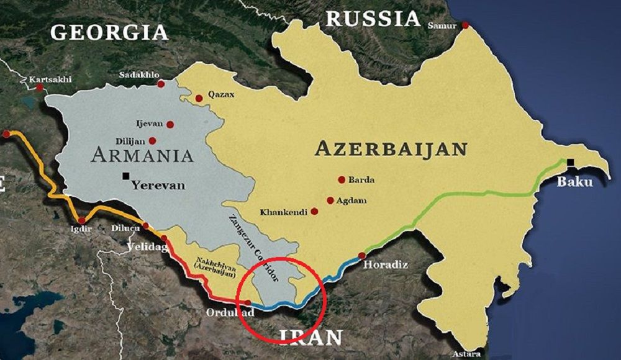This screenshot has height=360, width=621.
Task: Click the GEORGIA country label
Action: (x=109, y=32)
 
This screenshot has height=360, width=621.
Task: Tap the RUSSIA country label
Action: (x=373, y=19)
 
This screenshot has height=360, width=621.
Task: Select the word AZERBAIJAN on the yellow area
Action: (x=391, y=149)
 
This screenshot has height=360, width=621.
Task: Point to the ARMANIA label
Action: (x=142, y=155)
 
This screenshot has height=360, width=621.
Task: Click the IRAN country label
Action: (x=310, y=337)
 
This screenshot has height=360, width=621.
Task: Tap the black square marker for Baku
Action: (x=570, y=163)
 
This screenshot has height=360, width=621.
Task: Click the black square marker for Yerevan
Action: (x=126, y=176)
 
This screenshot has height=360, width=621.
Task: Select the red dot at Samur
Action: (x=465, y=25)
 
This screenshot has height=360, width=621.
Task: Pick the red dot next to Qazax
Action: (x=199, y=98)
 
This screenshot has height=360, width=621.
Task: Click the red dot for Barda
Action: (x=341, y=179)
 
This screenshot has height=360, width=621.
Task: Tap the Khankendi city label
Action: (x=284, y=212)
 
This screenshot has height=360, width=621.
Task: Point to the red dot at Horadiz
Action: (x=362, y=255)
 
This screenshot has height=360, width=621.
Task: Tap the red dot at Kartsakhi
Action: (x=40, y=88)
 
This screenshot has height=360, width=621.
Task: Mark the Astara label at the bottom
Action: (x=466, y=353)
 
